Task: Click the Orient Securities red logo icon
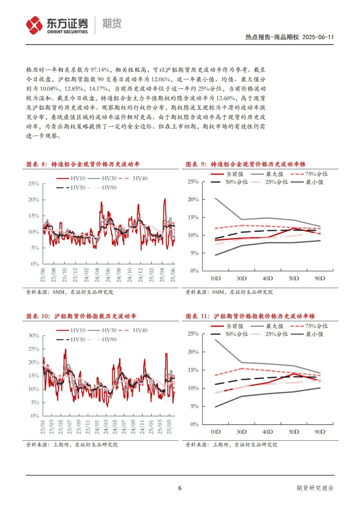(34, 25)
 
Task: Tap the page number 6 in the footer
(180, 488)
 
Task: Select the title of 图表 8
(83, 164)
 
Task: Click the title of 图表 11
(250, 316)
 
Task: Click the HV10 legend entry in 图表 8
(71, 178)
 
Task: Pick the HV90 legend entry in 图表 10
(102, 340)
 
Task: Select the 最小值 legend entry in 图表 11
(307, 334)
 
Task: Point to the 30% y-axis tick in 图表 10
(34, 336)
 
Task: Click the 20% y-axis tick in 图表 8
(34, 200)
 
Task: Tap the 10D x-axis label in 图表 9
(215, 278)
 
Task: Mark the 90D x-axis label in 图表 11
(320, 432)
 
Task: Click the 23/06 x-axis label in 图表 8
(43, 275)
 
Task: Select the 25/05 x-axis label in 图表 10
(169, 427)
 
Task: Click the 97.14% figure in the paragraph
(100, 70)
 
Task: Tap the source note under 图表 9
(229, 292)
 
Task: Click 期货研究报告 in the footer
(315, 488)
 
